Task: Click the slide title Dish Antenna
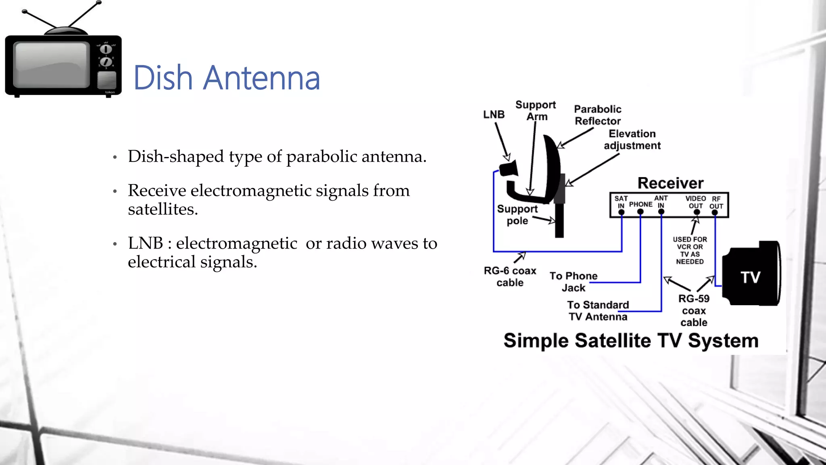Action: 227,77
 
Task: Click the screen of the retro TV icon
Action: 51,65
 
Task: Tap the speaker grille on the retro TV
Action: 106,80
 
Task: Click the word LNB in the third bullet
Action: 145,243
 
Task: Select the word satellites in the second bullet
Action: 162,209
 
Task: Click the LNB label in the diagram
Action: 494,115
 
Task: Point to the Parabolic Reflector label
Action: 597,115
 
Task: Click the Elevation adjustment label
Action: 632,140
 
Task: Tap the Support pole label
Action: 517,215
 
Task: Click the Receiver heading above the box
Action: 670,183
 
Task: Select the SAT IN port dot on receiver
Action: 621,212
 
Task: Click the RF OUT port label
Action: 716,203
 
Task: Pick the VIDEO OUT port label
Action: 695,202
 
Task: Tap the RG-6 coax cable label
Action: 510,276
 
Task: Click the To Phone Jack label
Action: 573,282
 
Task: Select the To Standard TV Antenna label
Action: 598,311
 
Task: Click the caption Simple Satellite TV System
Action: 631,341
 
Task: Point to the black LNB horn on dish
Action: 509,169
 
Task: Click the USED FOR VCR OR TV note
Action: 690,250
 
